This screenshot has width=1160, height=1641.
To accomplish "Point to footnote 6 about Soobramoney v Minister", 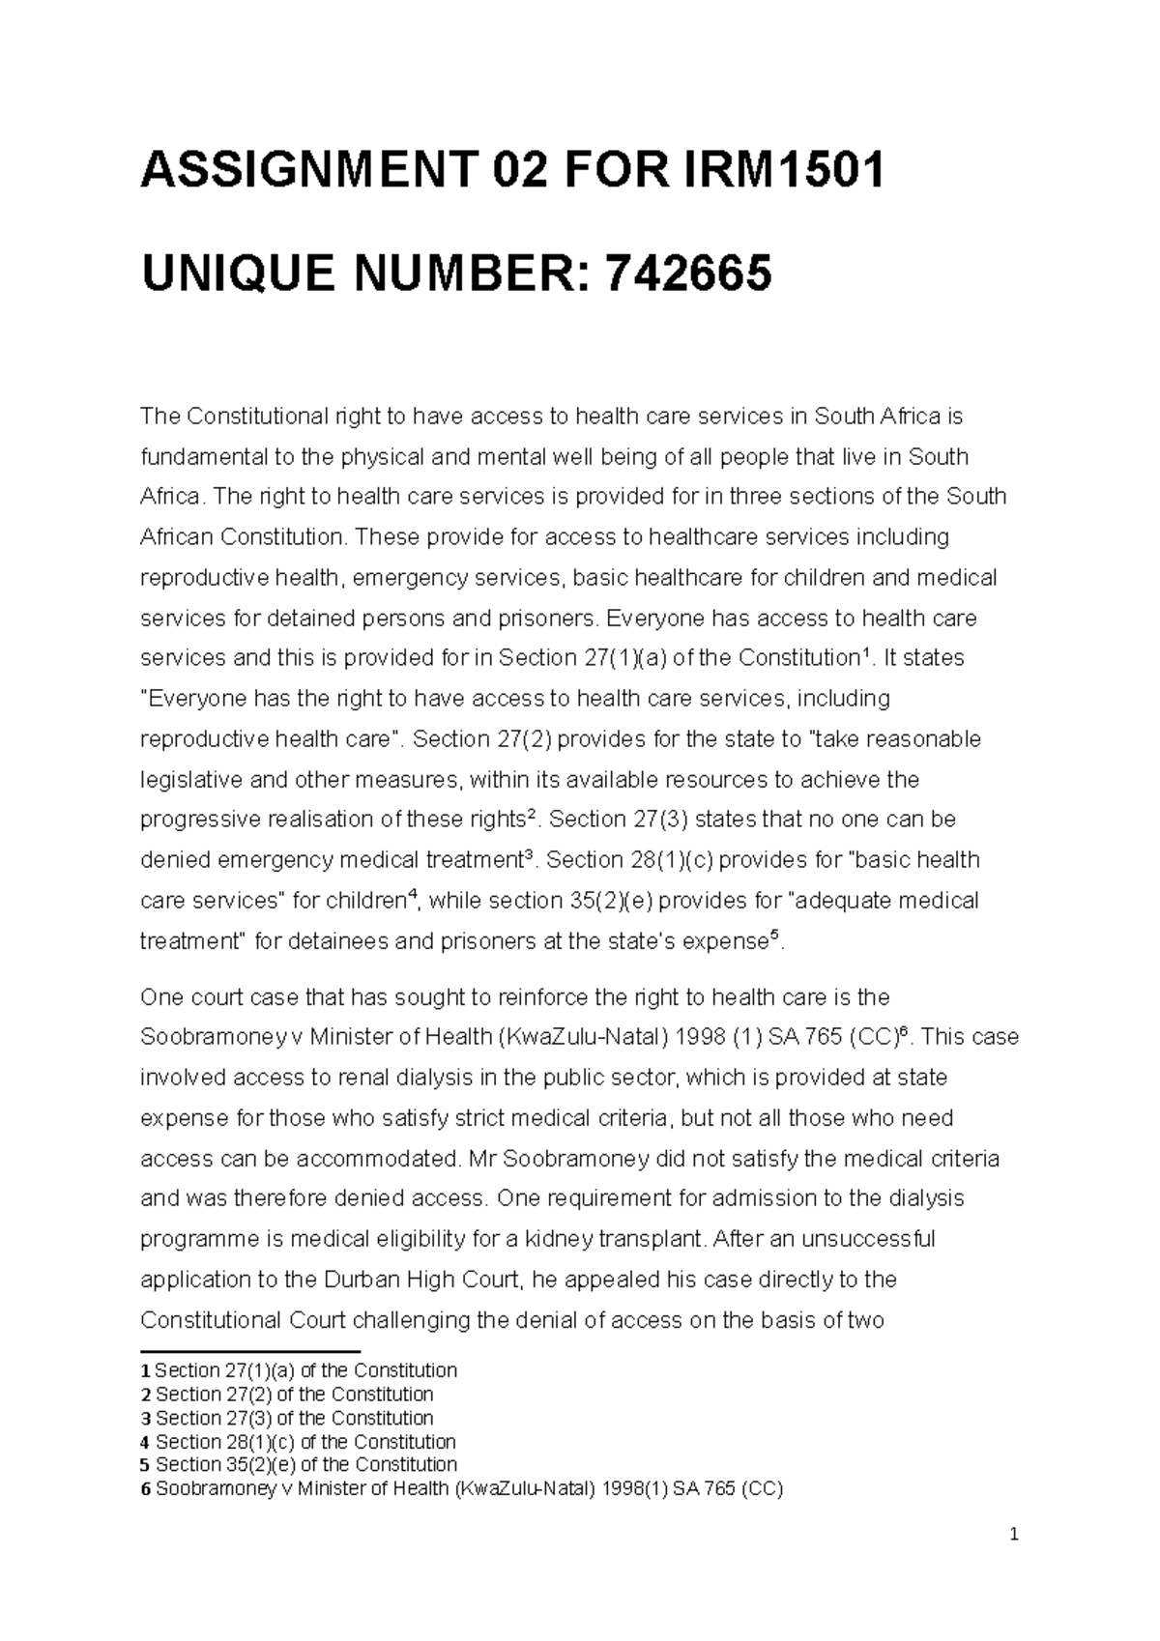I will click(462, 1489).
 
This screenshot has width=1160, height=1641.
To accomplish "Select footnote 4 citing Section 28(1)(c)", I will click(299, 1442).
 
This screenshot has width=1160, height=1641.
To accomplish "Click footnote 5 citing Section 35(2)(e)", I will click(299, 1465).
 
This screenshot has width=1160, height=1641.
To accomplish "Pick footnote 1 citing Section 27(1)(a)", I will click(299, 1370).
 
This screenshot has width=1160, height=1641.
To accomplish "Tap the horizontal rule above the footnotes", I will click(249, 1352).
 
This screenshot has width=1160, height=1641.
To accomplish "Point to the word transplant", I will click(655, 1239).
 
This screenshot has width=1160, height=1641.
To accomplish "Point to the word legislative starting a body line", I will click(192, 780).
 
